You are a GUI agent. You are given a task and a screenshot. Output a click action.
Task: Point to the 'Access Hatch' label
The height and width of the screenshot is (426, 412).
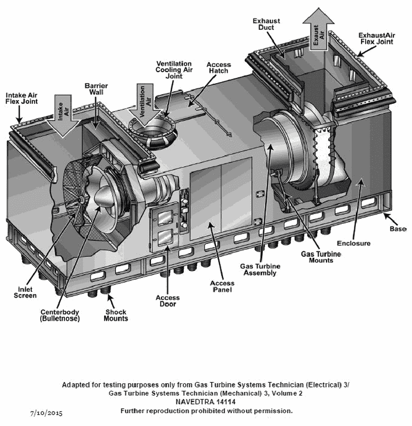(x=219, y=69)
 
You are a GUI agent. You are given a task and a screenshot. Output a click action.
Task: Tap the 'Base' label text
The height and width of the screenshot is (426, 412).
(x=398, y=228)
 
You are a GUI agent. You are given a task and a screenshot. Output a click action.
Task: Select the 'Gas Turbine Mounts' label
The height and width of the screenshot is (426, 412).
(x=317, y=257)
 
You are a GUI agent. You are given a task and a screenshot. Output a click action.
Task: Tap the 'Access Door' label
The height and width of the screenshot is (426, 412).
(x=168, y=301)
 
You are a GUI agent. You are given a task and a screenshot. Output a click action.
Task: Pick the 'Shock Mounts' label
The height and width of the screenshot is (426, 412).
(x=116, y=315)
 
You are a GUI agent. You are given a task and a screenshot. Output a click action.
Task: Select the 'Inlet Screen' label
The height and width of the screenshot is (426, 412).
(x=25, y=292)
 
